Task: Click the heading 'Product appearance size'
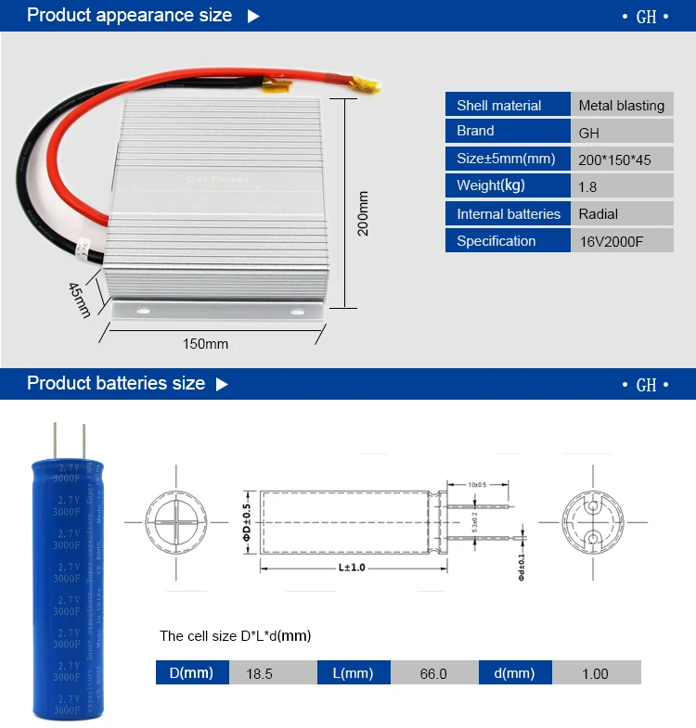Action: pos(130,16)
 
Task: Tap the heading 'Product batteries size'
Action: pos(116,383)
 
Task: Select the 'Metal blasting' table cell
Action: pos(621,105)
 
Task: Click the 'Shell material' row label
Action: pos(499,105)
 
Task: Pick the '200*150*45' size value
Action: pos(614,160)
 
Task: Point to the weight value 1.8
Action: pos(587,186)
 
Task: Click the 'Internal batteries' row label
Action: pos(509,214)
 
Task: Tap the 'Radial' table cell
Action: pos(599,214)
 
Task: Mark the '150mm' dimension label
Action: pos(205,344)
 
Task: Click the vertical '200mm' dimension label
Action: pos(364,212)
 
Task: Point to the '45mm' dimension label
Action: pos(80,299)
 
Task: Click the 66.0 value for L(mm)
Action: pos(433,673)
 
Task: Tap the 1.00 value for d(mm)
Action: pos(595,673)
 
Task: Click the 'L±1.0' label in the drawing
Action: pos(352,566)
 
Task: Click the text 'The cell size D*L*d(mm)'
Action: pos(236,636)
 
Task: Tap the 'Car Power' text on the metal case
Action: pos(218,178)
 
